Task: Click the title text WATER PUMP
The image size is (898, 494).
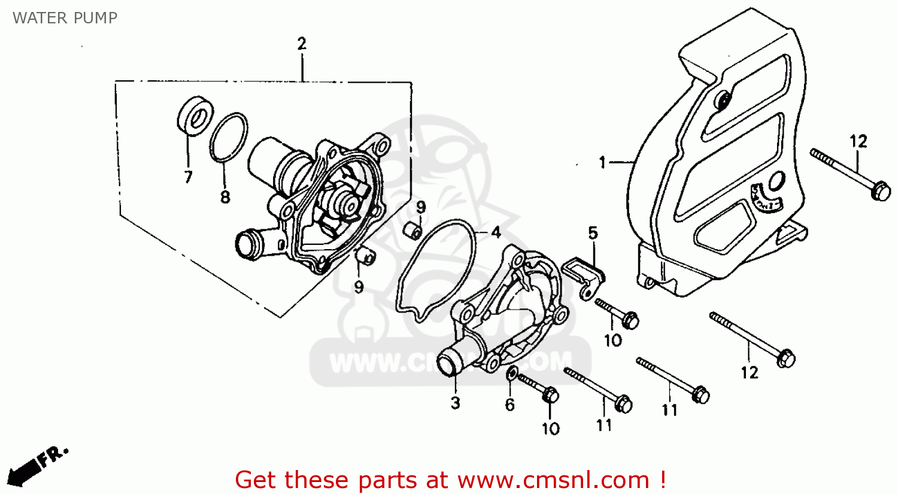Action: pyautogui.click(x=65, y=18)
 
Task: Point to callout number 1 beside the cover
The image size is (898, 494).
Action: pyautogui.click(x=603, y=162)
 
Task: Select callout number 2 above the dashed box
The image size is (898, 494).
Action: pyautogui.click(x=302, y=44)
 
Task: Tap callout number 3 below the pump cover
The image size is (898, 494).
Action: pyautogui.click(x=455, y=403)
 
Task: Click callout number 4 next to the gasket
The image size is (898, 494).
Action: pyautogui.click(x=496, y=232)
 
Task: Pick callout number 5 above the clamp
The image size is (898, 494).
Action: pyautogui.click(x=593, y=233)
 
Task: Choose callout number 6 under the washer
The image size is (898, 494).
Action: pyautogui.click(x=509, y=405)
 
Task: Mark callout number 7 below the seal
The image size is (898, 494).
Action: pyautogui.click(x=188, y=177)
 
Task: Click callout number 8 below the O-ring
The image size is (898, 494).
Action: pyautogui.click(x=225, y=196)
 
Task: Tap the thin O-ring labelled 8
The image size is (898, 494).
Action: pyautogui.click(x=229, y=137)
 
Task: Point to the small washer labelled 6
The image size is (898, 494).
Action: pyautogui.click(x=512, y=374)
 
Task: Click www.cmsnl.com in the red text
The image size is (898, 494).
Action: pyautogui.click(x=553, y=480)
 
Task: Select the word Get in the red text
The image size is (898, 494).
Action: pyautogui.click(x=257, y=480)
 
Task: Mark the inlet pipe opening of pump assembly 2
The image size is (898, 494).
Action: pyautogui.click(x=245, y=244)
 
